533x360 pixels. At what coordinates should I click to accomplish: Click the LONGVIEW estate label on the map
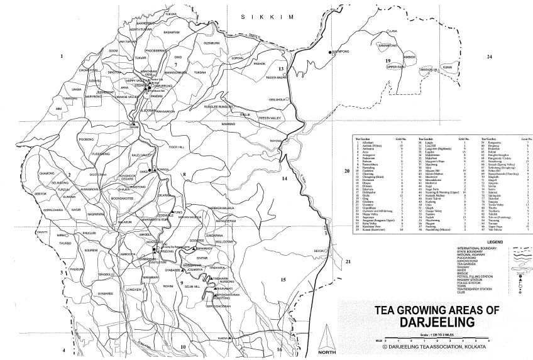coord(135,290)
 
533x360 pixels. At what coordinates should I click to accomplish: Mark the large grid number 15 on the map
coord(283,279)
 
